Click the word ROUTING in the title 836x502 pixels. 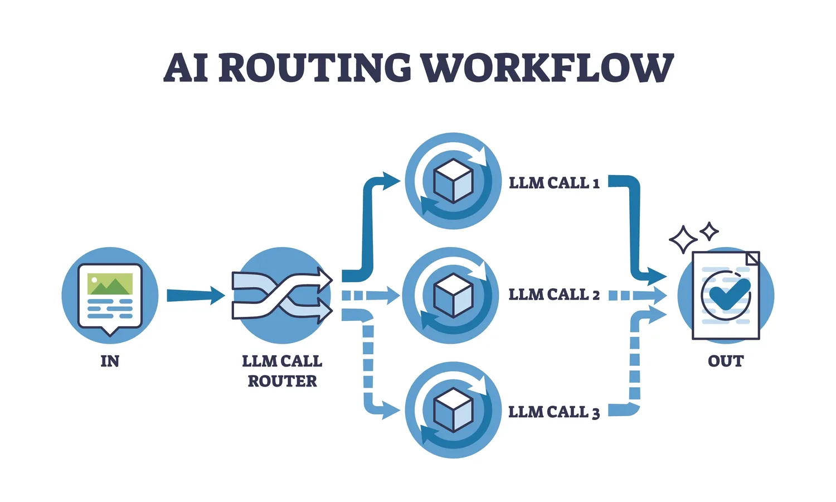(314, 68)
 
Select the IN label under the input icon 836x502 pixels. (110, 361)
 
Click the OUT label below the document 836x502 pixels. (726, 361)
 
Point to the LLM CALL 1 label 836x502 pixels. (554, 183)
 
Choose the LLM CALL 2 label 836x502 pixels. (554, 295)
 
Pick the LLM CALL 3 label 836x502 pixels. (554, 412)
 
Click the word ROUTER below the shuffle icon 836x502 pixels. (282, 382)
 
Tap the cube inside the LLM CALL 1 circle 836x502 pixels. (453, 181)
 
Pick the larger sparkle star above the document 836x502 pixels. (683, 240)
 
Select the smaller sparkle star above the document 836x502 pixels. (709, 231)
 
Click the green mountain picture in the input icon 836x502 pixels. (110, 284)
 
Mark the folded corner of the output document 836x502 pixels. (752, 258)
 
